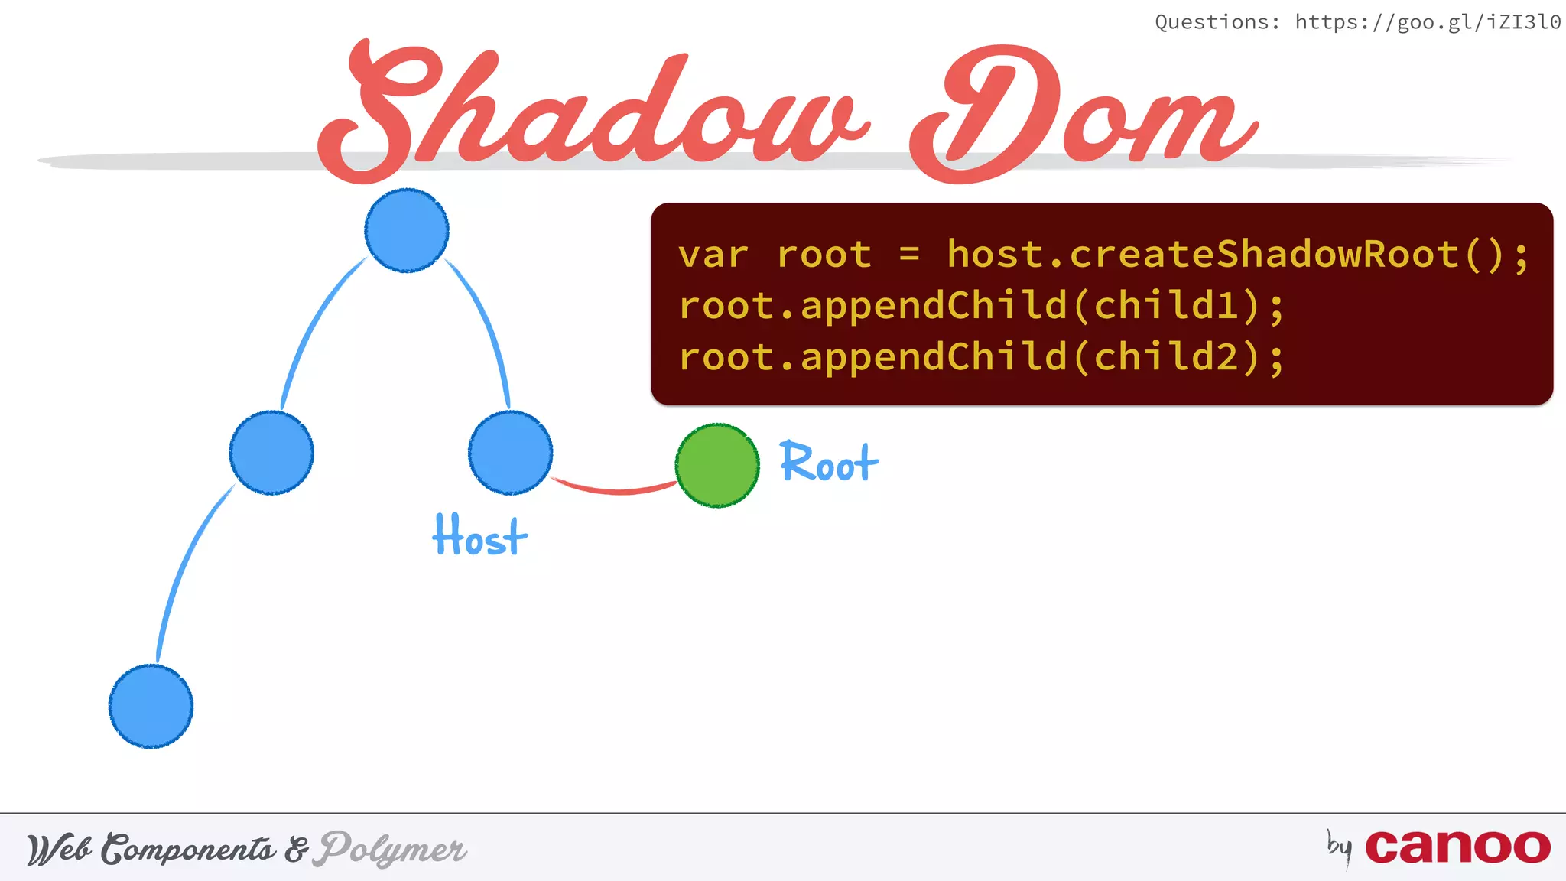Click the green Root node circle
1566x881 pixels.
pos(717,466)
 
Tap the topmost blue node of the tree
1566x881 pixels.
pos(407,230)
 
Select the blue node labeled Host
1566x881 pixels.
pos(510,453)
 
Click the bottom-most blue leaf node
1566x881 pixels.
pos(151,706)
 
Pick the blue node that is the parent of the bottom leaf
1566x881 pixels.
pos(271,453)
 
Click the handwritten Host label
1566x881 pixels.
pos(480,535)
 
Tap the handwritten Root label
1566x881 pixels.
pos(829,463)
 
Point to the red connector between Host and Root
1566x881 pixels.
pos(616,489)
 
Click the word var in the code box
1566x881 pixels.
pos(713,255)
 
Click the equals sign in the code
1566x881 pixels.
pos(909,255)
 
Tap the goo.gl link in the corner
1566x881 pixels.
pos(1428,22)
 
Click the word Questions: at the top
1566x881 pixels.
pos(1217,22)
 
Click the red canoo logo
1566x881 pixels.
pos(1457,847)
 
